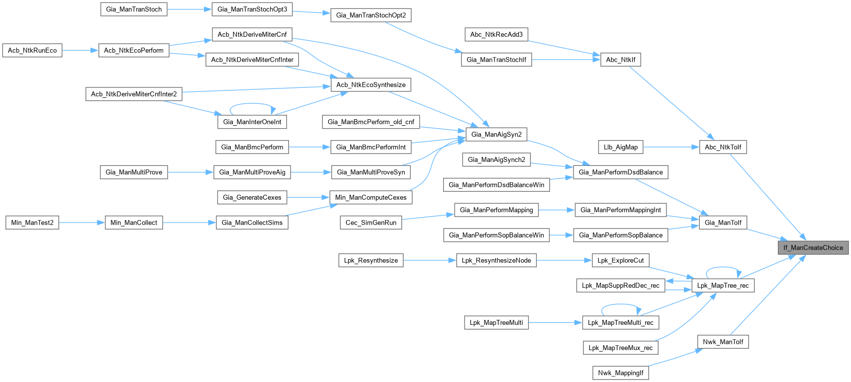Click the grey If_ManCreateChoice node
pyautogui.click(x=813, y=247)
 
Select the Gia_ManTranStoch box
pyautogui.click(x=134, y=9)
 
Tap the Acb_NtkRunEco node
pyautogui.click(x=32, y=50)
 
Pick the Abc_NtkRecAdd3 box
pyautogui.click(x=496, y=34)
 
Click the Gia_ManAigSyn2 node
pyautogui.click(x=496, y=134)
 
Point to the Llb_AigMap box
pyautogui.click(x=620, y=147)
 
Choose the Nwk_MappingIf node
pyautogui.click(x=620, y=373)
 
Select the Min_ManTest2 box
pyautogui.click(x=32, y=223)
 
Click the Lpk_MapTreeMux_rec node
pyautogui.click(x=620, y=348)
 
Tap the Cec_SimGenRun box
pyautogui.click(x=371, y=223)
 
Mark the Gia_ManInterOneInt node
pyautogui.click(x=252, y=122)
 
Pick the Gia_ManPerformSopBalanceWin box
pyautogui.click(x=496, y=235)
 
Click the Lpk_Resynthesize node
pyautogui.click(x=371, y=260)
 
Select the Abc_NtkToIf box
pyautogui.click(x=723, y=147)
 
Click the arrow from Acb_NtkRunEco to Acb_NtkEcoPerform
pyautogui.click(x=80, y=50)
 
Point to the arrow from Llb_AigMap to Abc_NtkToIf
pyautogui.click(x=671, y=147)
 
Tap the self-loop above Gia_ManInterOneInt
pyautogui.click(x=252, y=104)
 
